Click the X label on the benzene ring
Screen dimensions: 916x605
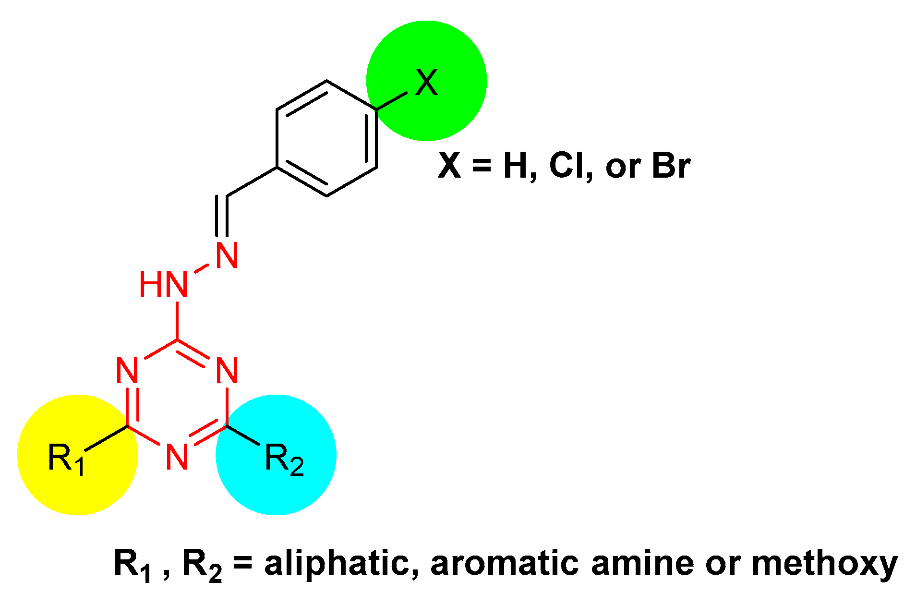click(426, 83)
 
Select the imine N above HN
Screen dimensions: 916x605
click(227, 255)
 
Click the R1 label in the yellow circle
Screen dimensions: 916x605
click(66, 459)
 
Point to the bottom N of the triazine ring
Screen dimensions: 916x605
click(177, 456)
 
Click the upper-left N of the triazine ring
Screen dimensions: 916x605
click(128, 370)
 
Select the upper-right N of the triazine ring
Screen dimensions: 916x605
click(227, 370)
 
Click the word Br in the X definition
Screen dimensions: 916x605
click(671, 166)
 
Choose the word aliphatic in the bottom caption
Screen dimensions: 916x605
click(336, 563)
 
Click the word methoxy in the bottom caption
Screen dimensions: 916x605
click(824, 563)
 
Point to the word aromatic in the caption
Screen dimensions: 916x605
click(504, 563)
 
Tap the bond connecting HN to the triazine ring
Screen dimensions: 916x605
click(177, 320)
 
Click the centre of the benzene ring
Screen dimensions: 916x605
click(326, 138)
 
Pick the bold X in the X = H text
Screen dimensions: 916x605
click(449, 166)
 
